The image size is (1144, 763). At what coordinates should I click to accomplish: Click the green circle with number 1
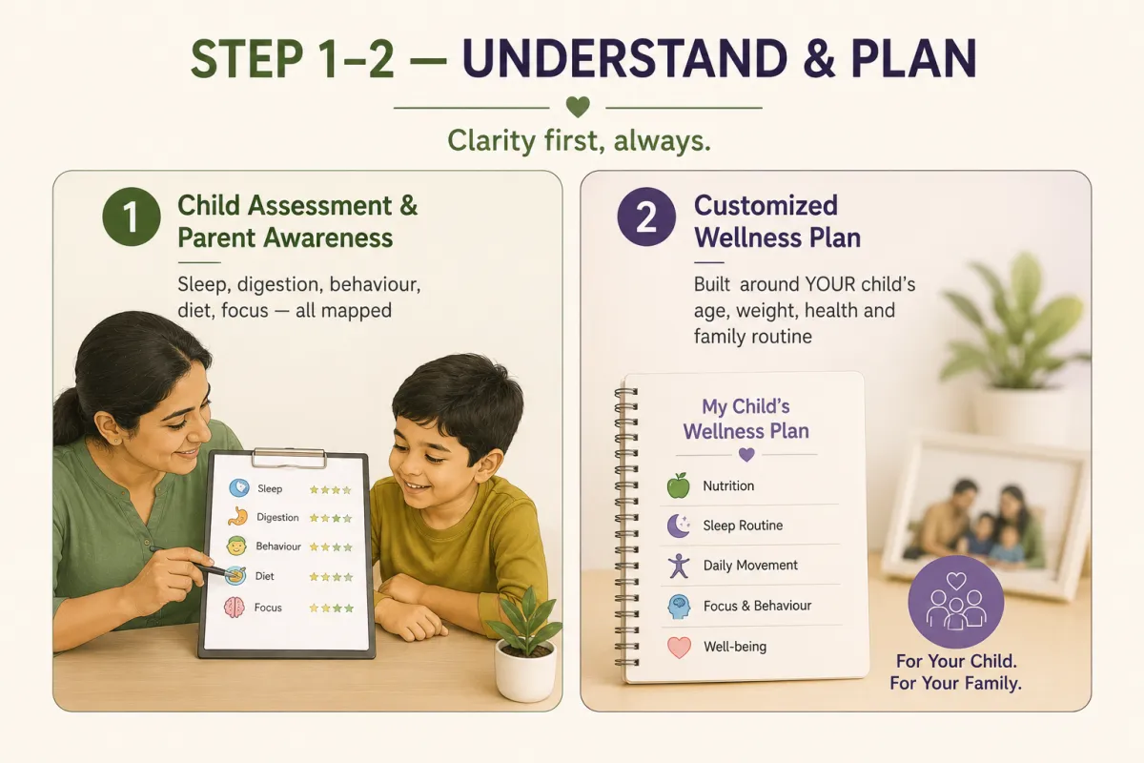[132, 217]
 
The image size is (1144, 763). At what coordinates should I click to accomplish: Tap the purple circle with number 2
[646, 217]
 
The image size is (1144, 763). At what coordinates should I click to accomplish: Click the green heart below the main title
[578, 107]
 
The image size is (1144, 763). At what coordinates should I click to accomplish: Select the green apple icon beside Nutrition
[678, 485]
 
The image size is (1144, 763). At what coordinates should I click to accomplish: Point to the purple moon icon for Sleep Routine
[678, 526]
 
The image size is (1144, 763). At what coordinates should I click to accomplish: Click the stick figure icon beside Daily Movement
[679, 566]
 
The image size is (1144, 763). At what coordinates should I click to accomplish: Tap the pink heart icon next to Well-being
[679, 647]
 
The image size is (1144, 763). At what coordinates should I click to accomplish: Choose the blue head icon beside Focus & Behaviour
[679, 607]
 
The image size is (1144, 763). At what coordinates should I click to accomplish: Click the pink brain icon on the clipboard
[235, 608]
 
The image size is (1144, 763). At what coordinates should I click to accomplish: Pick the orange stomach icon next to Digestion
[237, 517]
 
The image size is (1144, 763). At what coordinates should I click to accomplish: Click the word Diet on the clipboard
[265, 576]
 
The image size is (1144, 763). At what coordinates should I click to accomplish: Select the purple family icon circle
[955, 602]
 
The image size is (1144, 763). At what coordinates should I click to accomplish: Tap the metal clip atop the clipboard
[289, 458]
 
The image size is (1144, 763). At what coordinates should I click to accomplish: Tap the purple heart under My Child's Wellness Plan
[746, 454]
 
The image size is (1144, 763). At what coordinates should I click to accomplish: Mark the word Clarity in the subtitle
[492, 140]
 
